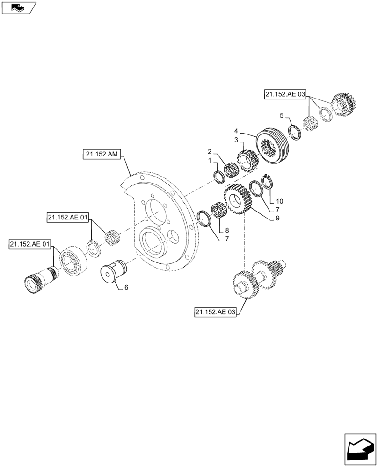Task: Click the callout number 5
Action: tap(281, 115)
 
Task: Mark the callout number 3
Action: tap(237, 140)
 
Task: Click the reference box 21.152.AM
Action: tap(102, 154)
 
